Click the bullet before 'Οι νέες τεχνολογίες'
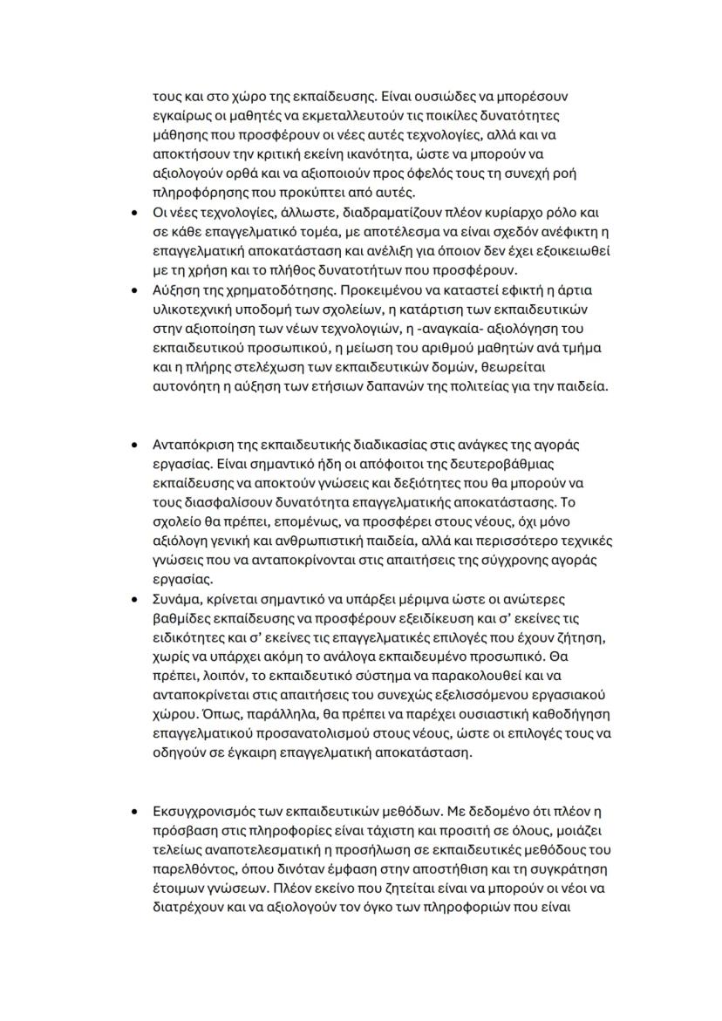(x=133, y=213)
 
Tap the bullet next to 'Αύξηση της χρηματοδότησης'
(x=133, y=290)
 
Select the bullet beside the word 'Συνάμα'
(x=133, y=599)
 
